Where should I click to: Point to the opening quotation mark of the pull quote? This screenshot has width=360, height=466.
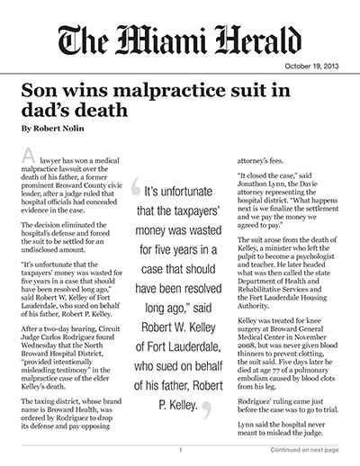[x=138, y=191]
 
